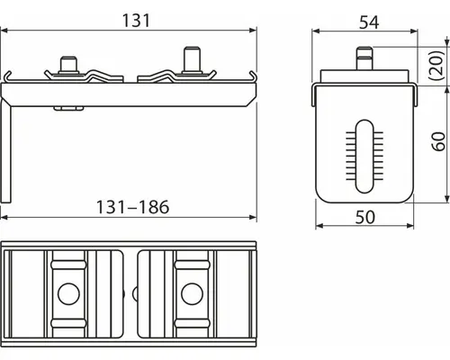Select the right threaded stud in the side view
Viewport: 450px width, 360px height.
pos(191,60)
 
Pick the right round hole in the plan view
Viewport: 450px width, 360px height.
pos(190,293)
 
